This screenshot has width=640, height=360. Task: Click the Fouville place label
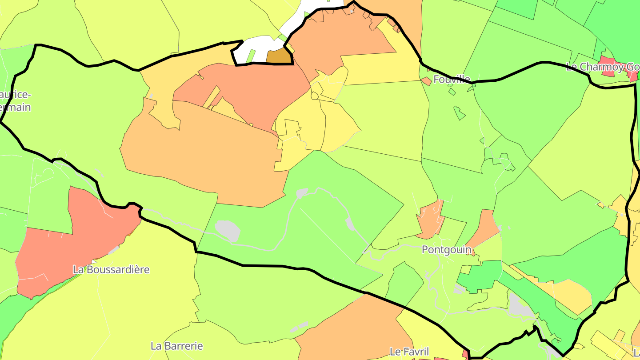coord(452,79)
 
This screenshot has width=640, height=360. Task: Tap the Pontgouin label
coord(446,250)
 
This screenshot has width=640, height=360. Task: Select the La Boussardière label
coord(111,270)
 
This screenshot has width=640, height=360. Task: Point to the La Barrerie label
coord(176,346)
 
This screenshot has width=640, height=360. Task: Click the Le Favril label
coord(409,352)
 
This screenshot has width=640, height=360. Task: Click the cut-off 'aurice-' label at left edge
coord(16,95)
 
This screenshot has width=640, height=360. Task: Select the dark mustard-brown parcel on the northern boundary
coord(279,57)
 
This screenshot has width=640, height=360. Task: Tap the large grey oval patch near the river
coord(228,231)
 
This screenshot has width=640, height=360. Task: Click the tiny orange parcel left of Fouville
coord(426,81)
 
